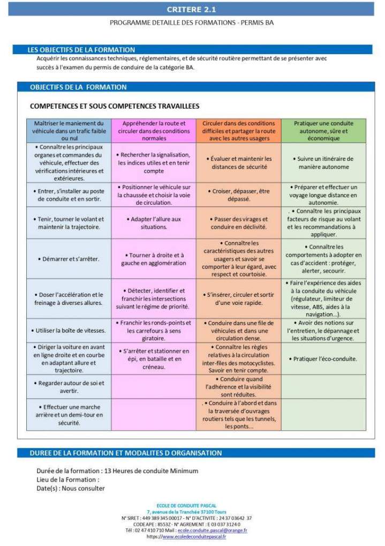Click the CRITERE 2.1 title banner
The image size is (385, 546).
(x=192, y=10)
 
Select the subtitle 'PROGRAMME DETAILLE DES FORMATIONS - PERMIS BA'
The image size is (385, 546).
(x=192, y=23)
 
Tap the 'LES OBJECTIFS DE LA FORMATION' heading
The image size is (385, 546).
(x=81, y=50)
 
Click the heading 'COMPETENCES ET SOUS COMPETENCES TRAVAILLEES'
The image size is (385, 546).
(x=115, y=106)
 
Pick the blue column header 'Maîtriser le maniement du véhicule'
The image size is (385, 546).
(x=69, y=131)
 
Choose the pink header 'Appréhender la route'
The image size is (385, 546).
(x=154, y=131)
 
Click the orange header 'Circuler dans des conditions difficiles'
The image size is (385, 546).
(x=238, y=131)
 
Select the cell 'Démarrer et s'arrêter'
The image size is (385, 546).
(x=69, y=259)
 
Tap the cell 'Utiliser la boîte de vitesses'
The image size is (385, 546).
(x=69, y=331)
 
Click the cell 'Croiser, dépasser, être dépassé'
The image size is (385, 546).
(x=238, y=195)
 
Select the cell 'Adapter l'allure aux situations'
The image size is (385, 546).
(x=154, y=223)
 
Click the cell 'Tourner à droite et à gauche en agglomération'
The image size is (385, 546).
(x=154, y=259)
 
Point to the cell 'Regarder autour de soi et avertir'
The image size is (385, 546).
(x=69, y=387)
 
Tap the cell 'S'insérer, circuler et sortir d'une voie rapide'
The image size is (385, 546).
(x=238, y=298)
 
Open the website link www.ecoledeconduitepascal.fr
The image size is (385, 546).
(x=194, y=537)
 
